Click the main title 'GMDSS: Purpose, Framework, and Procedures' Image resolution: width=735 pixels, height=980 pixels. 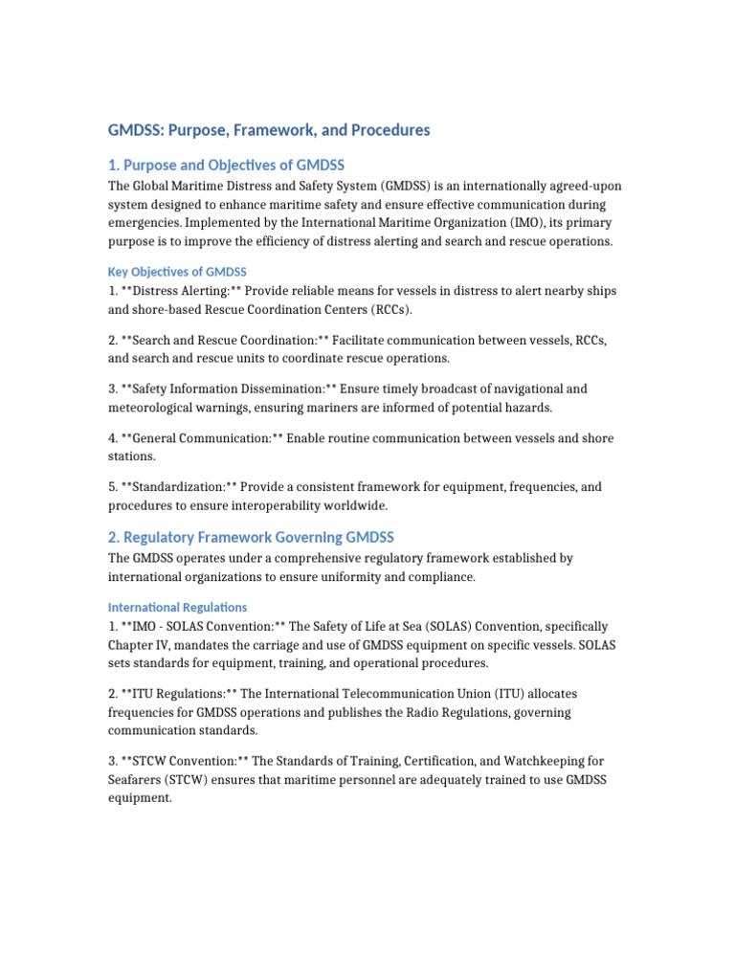click(x=269, y=129)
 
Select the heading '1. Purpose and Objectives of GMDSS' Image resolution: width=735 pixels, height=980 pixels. click(x=226, y=165)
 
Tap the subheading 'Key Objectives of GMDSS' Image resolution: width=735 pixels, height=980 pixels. click(x=177, y=272)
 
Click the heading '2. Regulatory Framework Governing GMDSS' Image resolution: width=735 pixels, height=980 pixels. click(x=251, y=537)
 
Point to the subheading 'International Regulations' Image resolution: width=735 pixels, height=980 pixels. click(x=177, y=607)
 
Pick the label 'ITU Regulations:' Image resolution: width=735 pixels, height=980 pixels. click(x=179, y=693)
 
